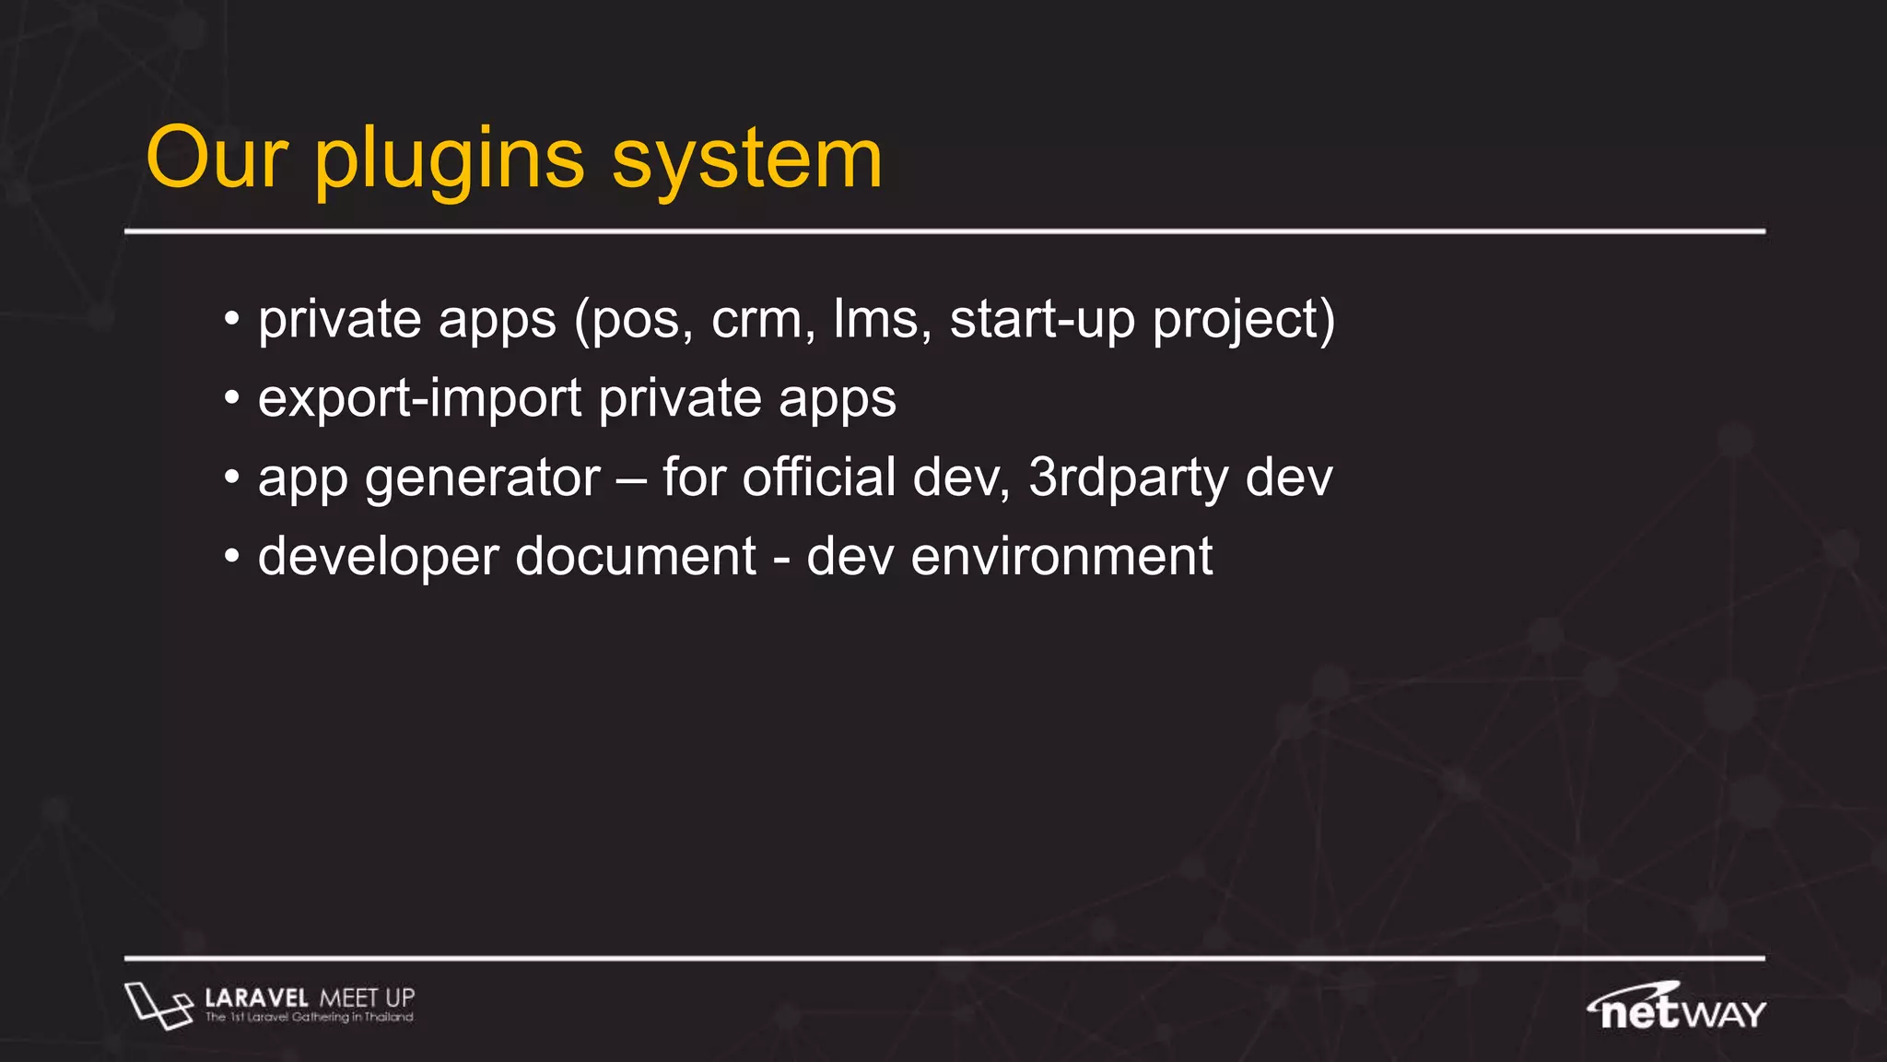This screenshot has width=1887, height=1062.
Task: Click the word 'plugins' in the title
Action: coord(450,159)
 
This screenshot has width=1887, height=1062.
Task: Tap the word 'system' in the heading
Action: coord(747,159)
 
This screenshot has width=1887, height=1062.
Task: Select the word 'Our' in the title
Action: coord(217,159)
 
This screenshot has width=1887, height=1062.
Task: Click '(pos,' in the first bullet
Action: coord(633,320)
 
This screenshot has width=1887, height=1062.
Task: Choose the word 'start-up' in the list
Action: coord(1042,320)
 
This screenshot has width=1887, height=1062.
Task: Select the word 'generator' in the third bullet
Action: coord(483,478)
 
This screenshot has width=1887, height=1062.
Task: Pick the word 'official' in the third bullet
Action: coord(818,478)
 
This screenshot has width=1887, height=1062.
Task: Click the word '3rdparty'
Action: coord(1129,478)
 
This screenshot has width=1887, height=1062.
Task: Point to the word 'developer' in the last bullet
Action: coord(378,558)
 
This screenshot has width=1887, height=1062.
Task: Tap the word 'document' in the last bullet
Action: coord(636,558)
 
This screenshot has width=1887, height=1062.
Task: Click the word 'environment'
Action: coord(1061,558)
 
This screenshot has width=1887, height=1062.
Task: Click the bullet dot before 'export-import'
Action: coord(232,399)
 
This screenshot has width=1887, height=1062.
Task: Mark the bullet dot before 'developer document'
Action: coord(232,558)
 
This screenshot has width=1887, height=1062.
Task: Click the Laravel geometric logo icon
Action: coord(158,1005)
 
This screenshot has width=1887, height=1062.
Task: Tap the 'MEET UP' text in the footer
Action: coord(367,997)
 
